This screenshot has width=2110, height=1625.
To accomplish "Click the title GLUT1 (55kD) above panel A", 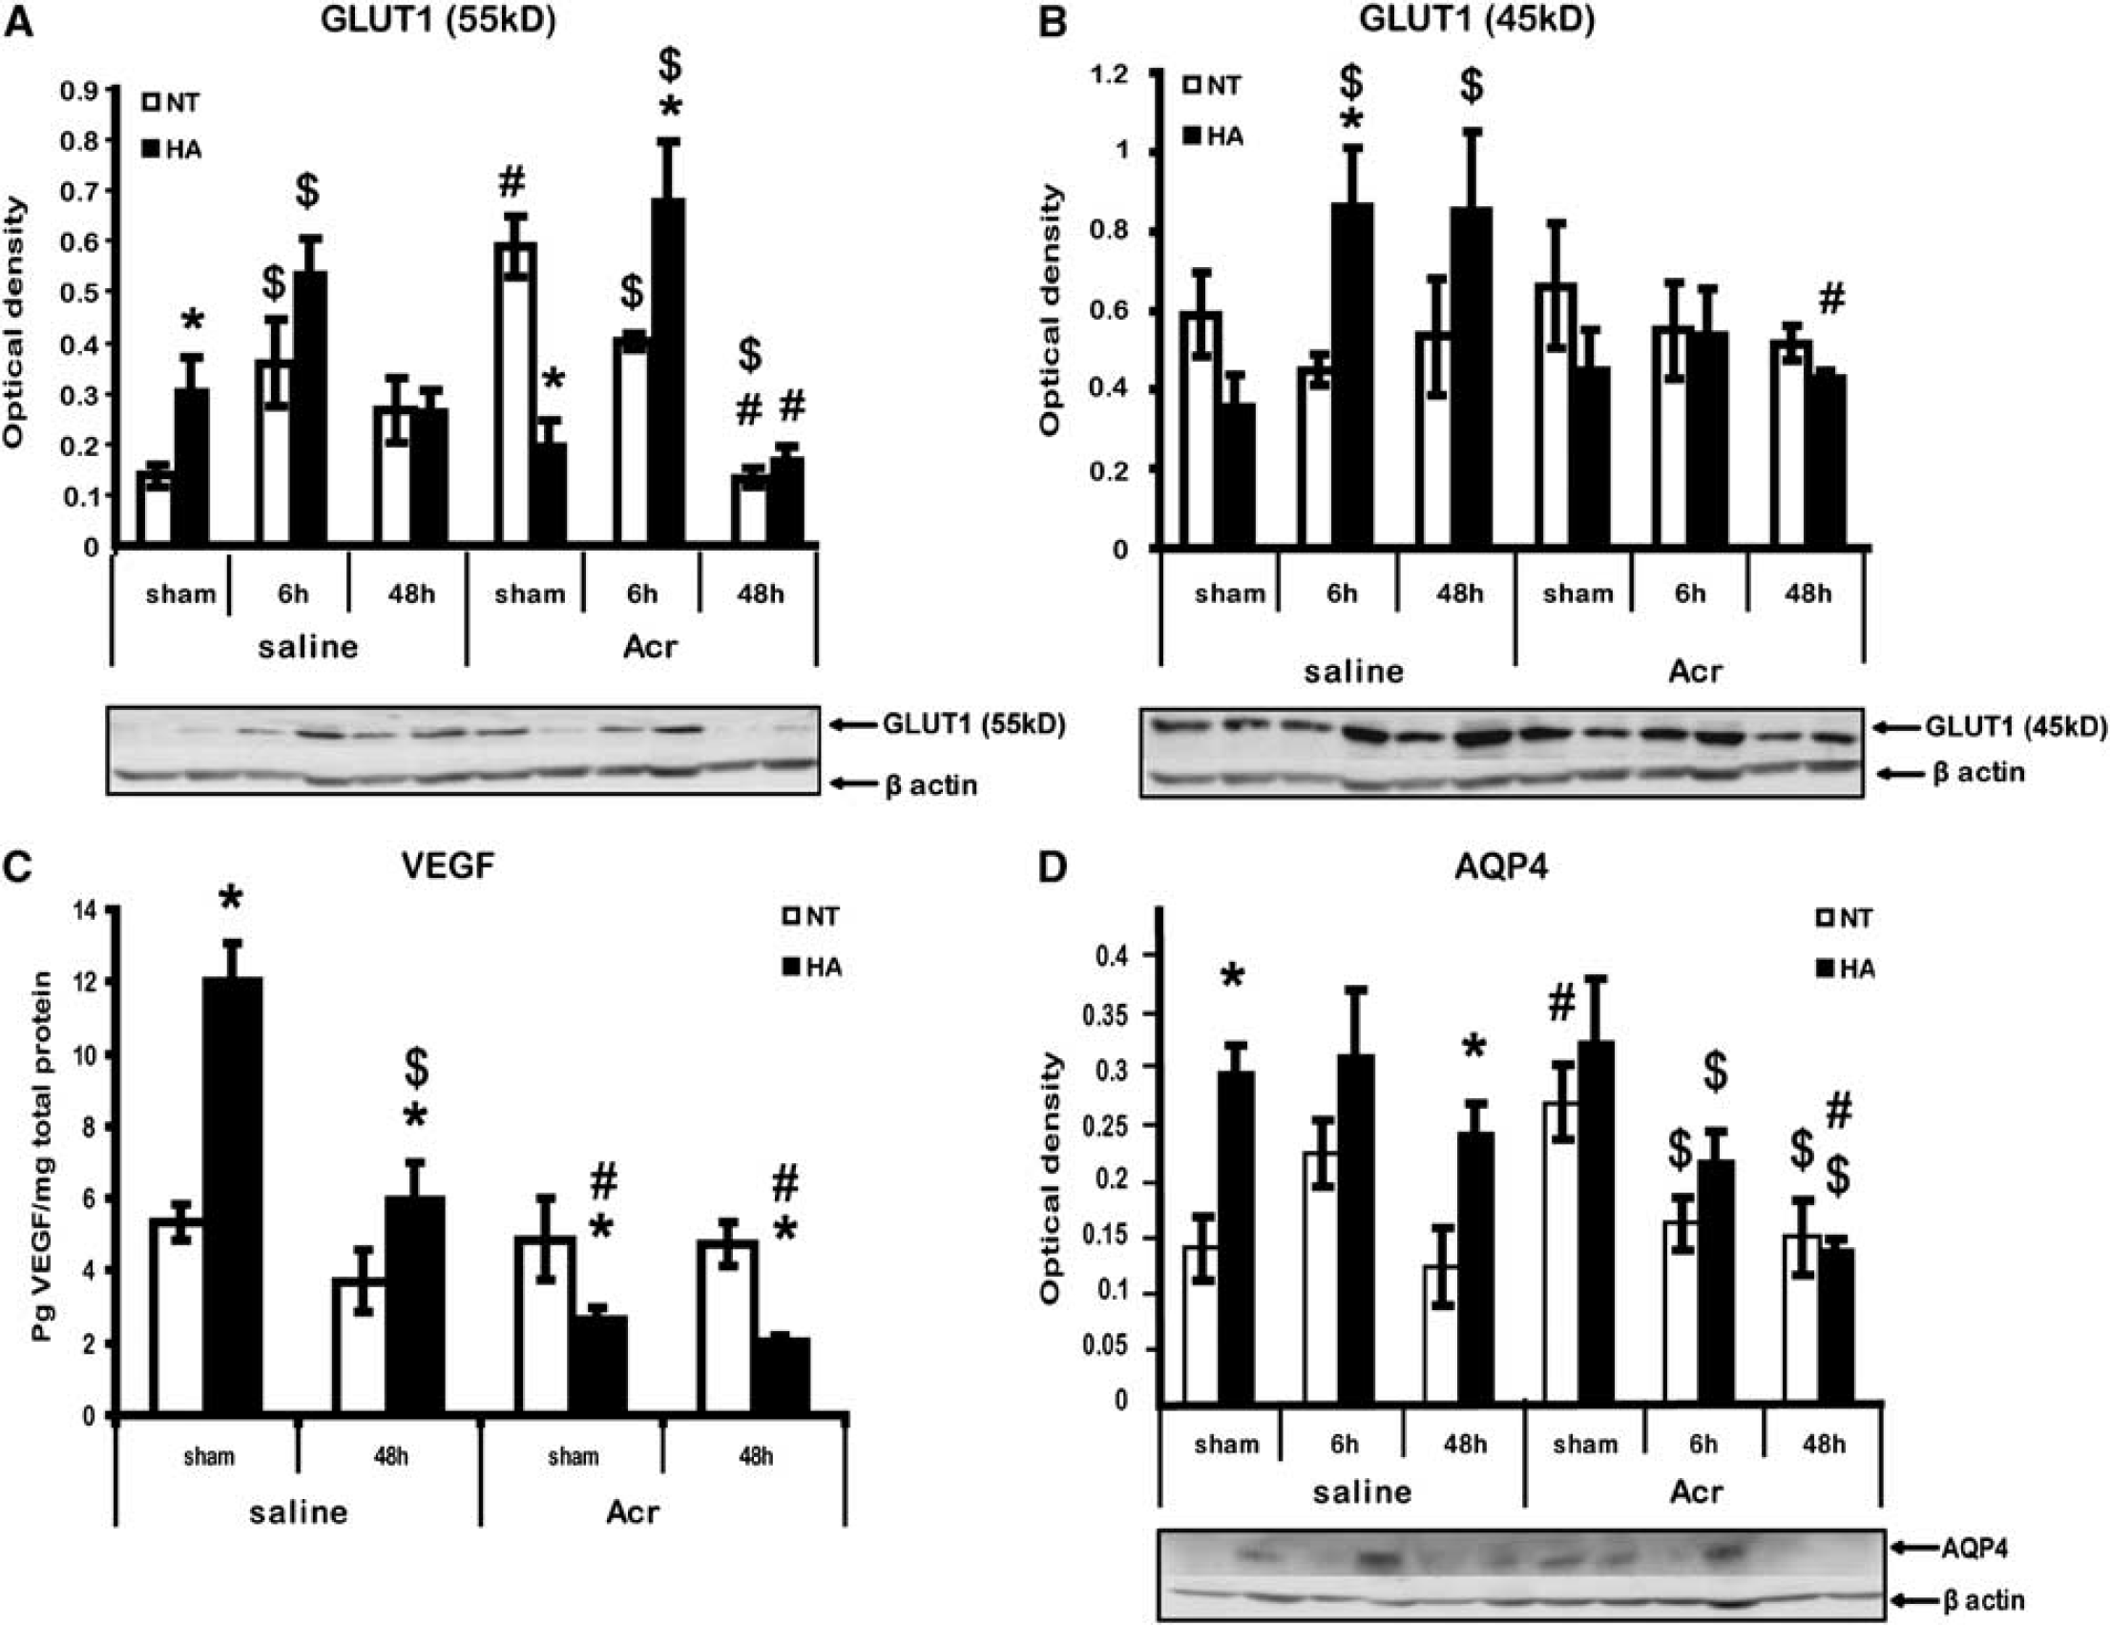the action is pos(439,20).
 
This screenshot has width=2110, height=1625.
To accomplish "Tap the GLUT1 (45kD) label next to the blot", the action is pos(2016,727).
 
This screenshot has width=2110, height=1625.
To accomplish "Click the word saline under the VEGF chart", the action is pos(298,1511).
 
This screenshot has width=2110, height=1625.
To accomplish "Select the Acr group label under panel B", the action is pos(1695,671).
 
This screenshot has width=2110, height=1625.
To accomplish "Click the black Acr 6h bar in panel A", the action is pos(669,373).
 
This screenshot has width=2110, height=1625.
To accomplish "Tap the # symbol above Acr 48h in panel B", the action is pos(1830,300).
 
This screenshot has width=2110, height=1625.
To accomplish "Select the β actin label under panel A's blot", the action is pos(930,784).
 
